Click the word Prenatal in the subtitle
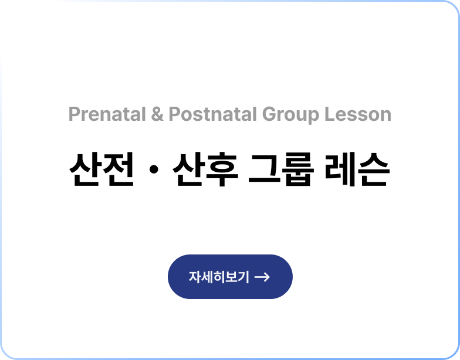pyautogui.click(x=107, y=114)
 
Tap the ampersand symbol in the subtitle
pyautogui.click(x=157, y=114)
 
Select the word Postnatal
pyautogui.click(x=212, y=114)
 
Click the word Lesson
pyautogui.click(x=358, y=114)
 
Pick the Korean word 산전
pyautogui.click(x=102, y=169)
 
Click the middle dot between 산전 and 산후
pyautogui.click(x=154, y=169)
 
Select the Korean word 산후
pyautogui.click(x=205, y=169)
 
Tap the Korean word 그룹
pyautogui.click(x=282, y=169)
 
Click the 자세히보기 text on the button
pyautogui.click(x=219, y=277)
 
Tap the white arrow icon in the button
pyautogui.click(x=262, y=277)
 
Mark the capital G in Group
pyautogui.click(x=269, y=114)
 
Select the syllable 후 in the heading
pyautogui.click(x=222, y=169)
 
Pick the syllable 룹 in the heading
pyautogui.click(x=298, y=169)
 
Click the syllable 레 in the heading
pyautogui.click(x=341, y=169)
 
